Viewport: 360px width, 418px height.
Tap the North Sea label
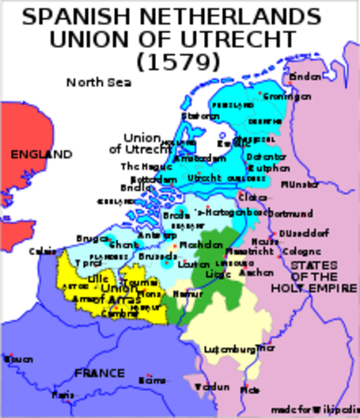tap(96, 83)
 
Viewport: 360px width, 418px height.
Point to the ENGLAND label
tap(41, 154)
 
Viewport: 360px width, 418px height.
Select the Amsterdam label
tap(200, 158)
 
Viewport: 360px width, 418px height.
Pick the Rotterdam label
tap(150, 178)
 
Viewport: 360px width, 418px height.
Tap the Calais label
tap(39, 252)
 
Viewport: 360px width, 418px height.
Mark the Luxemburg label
tap(229, 348)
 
